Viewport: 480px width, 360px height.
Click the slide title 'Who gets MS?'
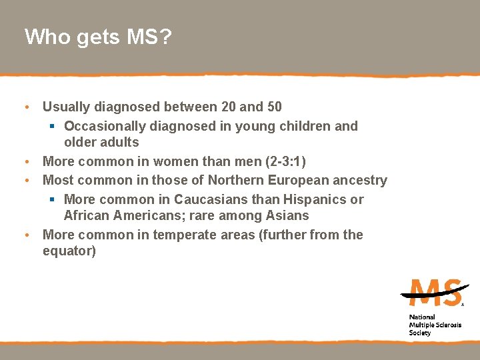98,37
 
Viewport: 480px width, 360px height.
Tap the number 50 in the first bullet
273,107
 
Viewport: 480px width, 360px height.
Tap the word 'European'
299,180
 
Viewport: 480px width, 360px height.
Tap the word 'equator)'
69,251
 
